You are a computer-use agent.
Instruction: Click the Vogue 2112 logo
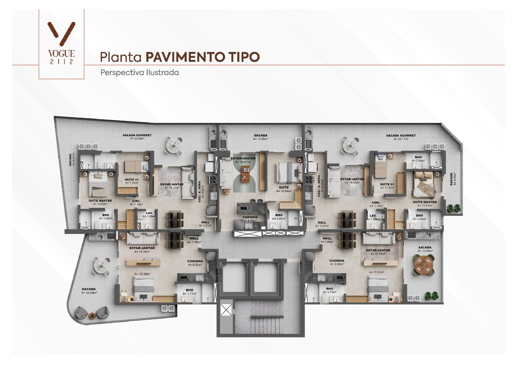61,43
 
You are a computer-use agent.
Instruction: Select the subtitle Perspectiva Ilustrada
139,73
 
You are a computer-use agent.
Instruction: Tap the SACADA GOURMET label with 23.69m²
137,137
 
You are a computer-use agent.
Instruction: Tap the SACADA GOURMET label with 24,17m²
401,137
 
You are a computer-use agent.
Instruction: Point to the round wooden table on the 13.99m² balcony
423,264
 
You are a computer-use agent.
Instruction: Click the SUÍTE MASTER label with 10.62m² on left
100,202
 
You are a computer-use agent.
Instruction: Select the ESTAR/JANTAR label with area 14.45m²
352,180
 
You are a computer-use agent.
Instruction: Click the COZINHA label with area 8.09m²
250,219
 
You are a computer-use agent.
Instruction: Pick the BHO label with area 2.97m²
279,217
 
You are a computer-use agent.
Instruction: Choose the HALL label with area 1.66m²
327,240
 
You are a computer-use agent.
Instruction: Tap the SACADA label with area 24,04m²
89,291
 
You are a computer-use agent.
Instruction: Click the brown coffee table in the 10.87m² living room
245,174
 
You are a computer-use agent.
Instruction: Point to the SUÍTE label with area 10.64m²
284,189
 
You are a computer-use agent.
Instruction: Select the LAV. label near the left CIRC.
149,214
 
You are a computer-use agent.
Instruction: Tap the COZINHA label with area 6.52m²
195,263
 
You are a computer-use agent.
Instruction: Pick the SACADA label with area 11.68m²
260,137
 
